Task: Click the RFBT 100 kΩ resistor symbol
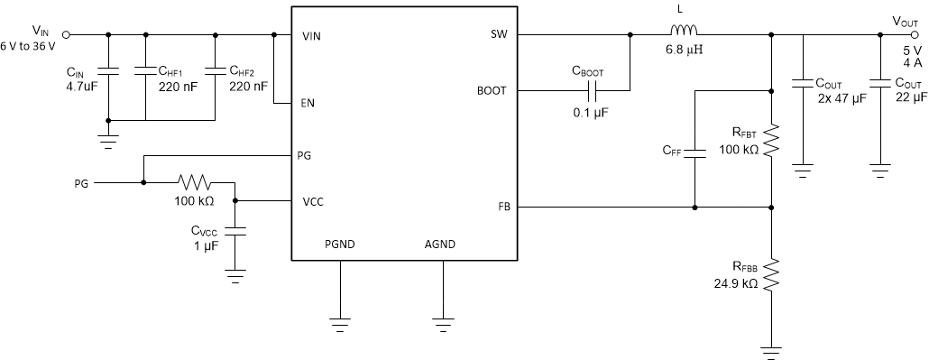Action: [x=770, y=140]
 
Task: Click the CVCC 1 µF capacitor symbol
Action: [x=235, y=231]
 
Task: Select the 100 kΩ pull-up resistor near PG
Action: [x=194, y=181]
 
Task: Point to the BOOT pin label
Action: [x=492, y=91]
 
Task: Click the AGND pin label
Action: [x=440, y=244]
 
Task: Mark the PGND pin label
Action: [x=340, y=244]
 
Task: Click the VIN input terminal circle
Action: [x=65, y=36]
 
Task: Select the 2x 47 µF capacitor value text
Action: [x=840, y=97]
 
